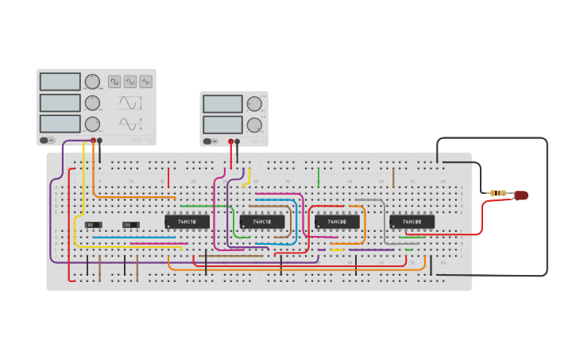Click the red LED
(x=521, y=195)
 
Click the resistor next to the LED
(x=498, y=193)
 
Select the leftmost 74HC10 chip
(x=187, y=222)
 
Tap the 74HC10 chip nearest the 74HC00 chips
(x=262, y=222)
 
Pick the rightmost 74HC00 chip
(x=412, y=222)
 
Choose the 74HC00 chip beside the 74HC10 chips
(x=337, y=222)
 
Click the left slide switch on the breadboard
(x=93, y=225)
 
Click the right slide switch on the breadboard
(x=131, y=225)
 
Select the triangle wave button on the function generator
(x=145, y=81)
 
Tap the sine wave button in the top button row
(x=130, y=81)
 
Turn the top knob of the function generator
(x=92, y=82)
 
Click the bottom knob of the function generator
(x=92, y=124)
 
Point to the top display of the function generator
(x=60, y=82)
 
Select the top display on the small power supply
(x=222, y=104)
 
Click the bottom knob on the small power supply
(x=254, y=125)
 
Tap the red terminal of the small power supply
(x=231, y=141)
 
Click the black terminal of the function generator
(x=99, y=141)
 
